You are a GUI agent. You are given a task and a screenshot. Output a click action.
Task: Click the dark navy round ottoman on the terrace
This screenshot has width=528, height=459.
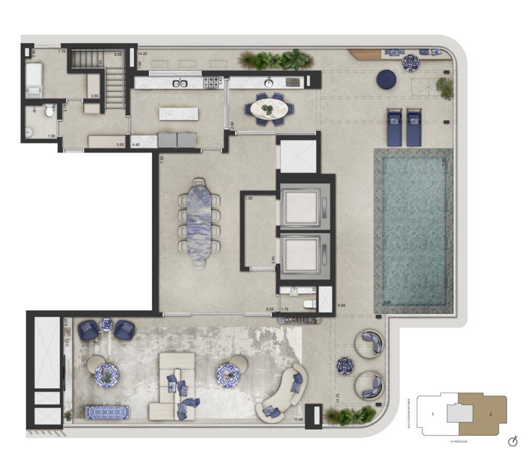(386, 79)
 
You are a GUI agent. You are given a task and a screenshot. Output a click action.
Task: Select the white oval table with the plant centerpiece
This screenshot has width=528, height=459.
(269, 109)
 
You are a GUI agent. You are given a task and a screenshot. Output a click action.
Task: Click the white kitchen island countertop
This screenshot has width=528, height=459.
(179, 113)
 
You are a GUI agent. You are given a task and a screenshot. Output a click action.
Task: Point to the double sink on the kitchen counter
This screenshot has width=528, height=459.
(181, 83)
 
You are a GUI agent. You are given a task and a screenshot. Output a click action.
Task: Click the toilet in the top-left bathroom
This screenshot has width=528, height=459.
(49, 111)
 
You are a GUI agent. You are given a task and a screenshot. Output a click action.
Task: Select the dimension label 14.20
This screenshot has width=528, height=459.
(142, 54)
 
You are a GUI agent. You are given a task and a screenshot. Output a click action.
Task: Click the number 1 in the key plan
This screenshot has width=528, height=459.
(432, 415)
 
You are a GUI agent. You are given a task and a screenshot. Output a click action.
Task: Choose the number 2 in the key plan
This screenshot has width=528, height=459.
(491, 414)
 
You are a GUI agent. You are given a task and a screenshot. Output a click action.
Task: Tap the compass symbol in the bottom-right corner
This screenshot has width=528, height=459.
(512, 441)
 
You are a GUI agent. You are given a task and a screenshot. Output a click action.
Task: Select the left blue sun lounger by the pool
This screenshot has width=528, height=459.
(395, 127)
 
